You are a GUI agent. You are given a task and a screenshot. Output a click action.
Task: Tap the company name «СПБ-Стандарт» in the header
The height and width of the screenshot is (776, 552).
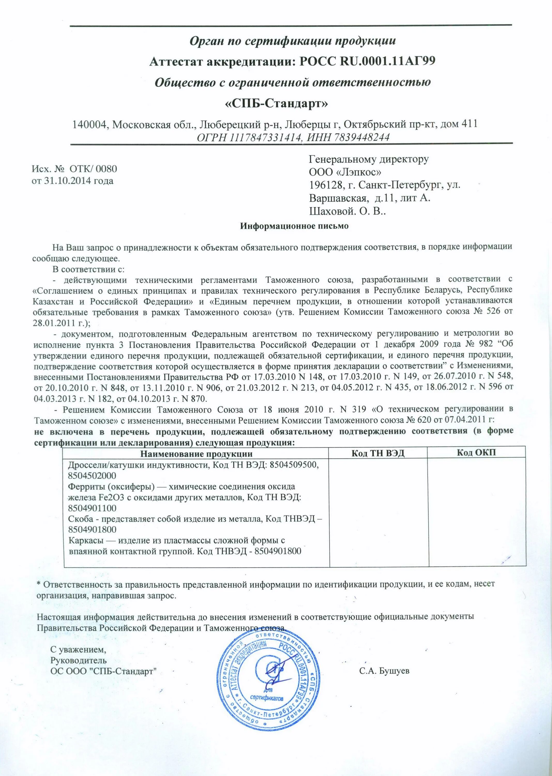point(277,103)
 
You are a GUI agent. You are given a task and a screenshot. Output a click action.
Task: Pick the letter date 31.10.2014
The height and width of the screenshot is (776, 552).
point(66,181)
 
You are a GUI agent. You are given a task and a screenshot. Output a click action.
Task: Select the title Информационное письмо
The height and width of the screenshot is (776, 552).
point(294,226)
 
